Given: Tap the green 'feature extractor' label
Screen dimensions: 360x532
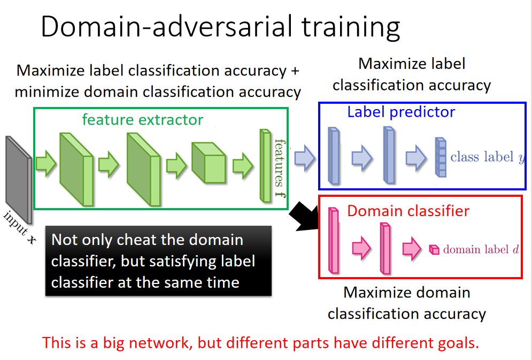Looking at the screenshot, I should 142,119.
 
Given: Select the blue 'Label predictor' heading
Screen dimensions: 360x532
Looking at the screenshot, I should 401,112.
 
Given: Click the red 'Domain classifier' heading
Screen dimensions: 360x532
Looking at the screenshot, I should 408,211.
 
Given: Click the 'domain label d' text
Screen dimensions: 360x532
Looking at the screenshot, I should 481,249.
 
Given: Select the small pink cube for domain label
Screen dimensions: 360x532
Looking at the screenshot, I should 434,249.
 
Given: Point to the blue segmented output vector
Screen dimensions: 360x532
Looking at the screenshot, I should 441,157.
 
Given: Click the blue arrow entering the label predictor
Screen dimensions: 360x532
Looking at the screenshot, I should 305,159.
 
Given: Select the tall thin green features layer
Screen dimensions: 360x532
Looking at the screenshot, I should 265,166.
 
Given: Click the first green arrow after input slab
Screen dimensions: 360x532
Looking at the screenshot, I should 47,164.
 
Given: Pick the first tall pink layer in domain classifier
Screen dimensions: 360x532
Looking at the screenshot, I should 335,241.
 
